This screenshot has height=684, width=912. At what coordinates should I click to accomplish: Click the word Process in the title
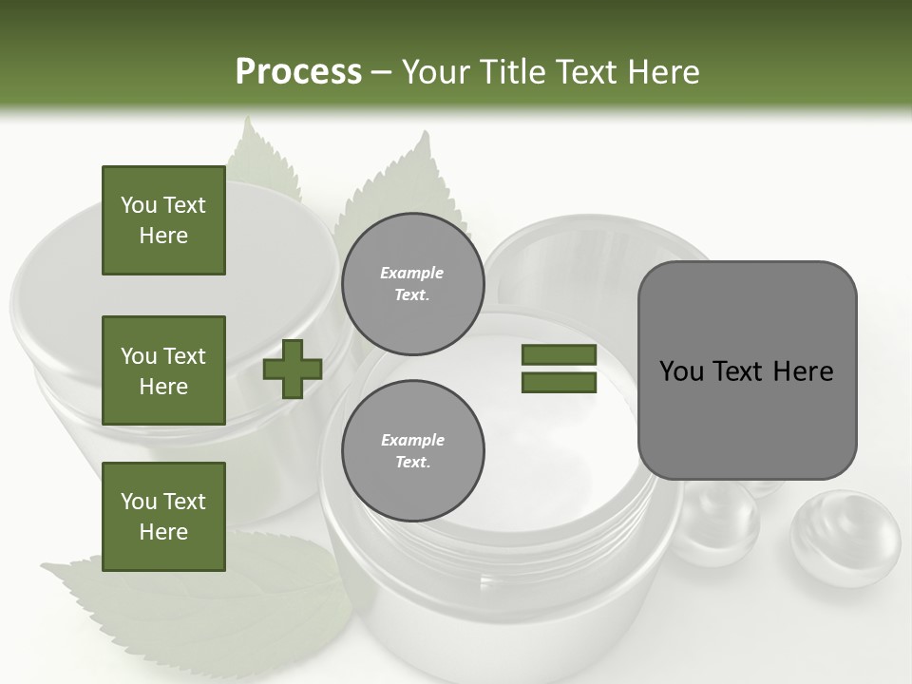[298, 71]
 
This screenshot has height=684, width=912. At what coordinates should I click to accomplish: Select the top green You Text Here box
[163, 220]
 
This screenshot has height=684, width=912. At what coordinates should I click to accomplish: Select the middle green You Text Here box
[163, 370]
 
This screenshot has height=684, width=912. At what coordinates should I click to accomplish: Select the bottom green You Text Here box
[163, 517]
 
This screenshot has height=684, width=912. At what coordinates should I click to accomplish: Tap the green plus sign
[293, 369]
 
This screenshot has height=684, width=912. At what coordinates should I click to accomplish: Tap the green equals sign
[559, 369]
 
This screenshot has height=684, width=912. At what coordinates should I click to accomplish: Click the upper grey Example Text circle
[412, 284]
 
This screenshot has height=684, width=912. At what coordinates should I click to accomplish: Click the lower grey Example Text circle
[412, 451]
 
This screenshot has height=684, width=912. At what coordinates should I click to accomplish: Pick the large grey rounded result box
[747, 370]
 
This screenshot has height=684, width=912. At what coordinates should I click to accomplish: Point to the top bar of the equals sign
[559, 354]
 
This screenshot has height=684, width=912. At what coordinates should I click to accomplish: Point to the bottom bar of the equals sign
[559, 383]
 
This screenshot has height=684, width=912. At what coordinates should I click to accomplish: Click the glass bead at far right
[845, 537]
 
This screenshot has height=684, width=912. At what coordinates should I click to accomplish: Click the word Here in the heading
[659, 71]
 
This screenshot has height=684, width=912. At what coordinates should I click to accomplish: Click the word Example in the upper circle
[412, 273]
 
